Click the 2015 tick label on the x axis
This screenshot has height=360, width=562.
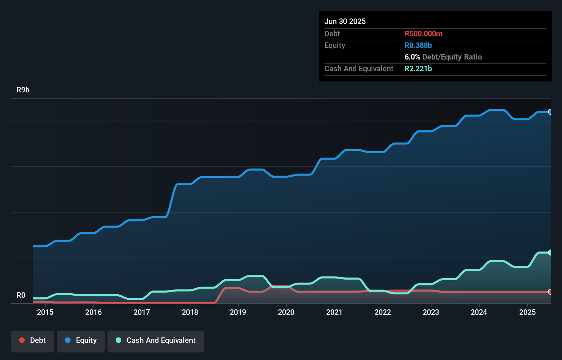[45, 312]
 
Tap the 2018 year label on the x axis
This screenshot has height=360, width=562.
[190, 312]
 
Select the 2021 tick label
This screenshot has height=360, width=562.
[334, 312]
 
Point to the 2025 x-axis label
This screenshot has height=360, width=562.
[527, 312]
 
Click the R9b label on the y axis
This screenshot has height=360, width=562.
[23, 90]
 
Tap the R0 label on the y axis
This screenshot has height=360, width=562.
[21, 295]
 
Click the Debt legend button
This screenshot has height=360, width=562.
[33, 340]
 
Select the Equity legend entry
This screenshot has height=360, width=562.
[81, 340]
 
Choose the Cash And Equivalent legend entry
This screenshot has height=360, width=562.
[156, 340]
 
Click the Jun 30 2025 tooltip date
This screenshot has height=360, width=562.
[345, 21]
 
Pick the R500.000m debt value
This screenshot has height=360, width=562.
[423, 34]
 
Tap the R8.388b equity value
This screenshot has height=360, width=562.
[418, 45]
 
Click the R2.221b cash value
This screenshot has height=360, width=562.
[418, 68]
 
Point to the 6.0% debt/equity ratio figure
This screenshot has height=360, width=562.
[412, 57]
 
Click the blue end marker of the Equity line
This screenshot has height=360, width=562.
[550, 112]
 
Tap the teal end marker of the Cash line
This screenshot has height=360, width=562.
[550, 253]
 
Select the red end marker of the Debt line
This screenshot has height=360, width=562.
[550, 292]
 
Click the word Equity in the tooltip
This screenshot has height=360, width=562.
[335, 45]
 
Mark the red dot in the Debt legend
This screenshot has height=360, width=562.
[22, 340]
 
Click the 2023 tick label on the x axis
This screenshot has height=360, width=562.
[431, 312]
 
